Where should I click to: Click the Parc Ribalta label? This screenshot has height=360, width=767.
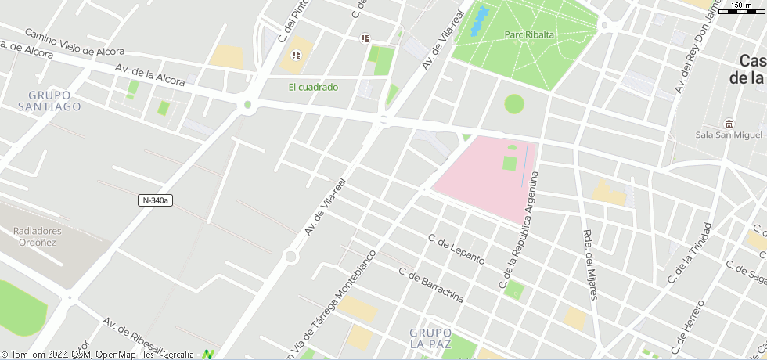click(529, 34)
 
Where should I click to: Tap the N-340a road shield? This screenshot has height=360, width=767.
click(156, 200)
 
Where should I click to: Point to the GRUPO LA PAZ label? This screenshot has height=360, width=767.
click(430, 337)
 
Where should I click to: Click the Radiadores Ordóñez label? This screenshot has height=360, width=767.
click(38, 236)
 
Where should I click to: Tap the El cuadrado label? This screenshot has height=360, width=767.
click(313, 88)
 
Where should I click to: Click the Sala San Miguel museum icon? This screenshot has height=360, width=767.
click(729, 124)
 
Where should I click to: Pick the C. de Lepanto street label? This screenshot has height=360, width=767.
click(456, 249)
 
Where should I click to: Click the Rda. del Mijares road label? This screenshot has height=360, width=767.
click(591, 264)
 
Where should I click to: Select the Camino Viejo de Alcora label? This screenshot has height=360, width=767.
click(74, 43)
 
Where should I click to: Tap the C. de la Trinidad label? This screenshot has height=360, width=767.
click(690, 253)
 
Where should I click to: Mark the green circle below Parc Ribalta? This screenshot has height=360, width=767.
click(513, 103)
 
